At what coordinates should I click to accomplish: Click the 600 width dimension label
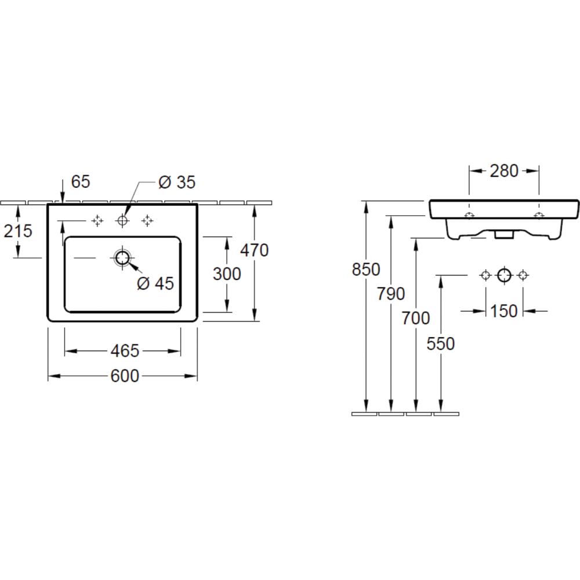[x=125, y=376]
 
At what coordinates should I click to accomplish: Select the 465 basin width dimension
[x=125, y=351]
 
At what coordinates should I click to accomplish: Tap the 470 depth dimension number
[x=254, y=251]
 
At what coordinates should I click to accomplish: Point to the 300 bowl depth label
[x=227, y=274]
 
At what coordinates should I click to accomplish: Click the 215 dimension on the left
[x=18, y=231]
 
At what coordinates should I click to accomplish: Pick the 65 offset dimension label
[x=81, y=182]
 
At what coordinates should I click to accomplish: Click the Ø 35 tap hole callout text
[x=177, y=182]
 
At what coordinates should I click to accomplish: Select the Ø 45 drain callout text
[x=155, y=284]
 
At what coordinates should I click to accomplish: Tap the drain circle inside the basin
[x=122, y=258]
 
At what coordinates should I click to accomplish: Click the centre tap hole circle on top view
[x=122, y=221]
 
